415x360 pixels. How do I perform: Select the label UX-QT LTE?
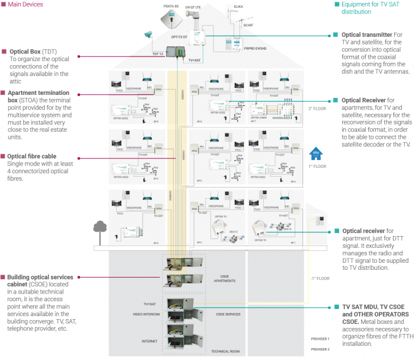[193, 7]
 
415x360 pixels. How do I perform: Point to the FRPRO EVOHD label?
[238, 60]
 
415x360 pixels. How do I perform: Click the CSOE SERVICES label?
[228, 314]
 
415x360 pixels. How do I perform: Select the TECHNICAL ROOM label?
[225, 351]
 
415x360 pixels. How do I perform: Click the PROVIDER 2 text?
[320, 350]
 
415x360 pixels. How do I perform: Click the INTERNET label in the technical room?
[149, 341]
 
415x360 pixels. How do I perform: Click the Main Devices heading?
[25, 4]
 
